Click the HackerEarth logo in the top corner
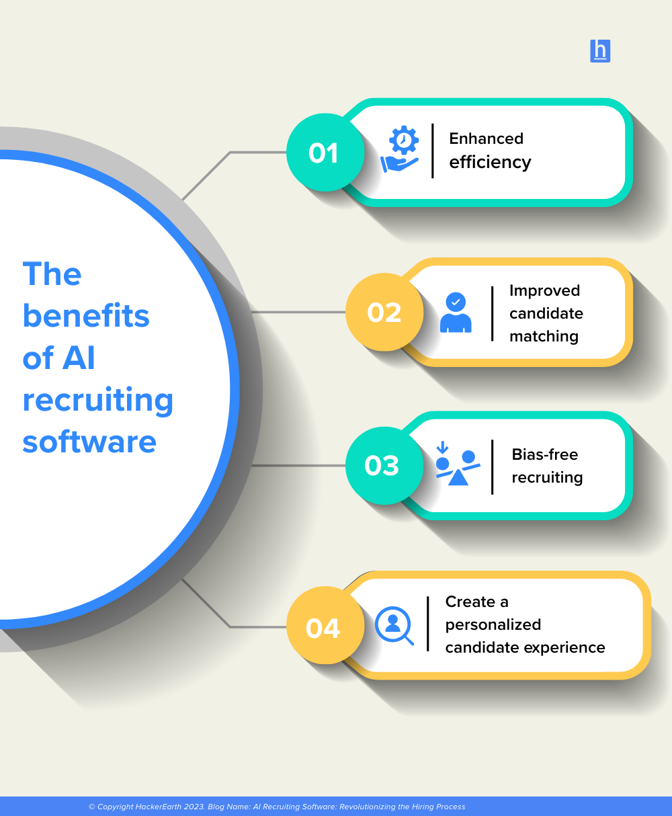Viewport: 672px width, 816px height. coord(600,51)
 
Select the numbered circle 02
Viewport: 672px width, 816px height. coord(384,312)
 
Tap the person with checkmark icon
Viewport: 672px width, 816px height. coord(456,313)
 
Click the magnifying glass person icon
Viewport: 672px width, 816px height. coord(394,626)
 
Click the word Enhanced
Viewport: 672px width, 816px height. coord(486,138)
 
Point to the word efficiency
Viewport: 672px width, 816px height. coord(490,162)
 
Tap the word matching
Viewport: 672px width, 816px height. coord(544,336)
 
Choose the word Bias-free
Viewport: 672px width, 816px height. coord(545,454)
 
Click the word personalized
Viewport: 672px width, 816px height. coord(493,624)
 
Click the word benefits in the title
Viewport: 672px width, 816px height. coord(86,316)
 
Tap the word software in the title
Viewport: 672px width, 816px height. coord(89,442)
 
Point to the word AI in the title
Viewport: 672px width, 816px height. coord(79,358)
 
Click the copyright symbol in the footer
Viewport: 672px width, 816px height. coord(91,807)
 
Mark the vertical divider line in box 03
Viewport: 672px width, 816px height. coord(493,466)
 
